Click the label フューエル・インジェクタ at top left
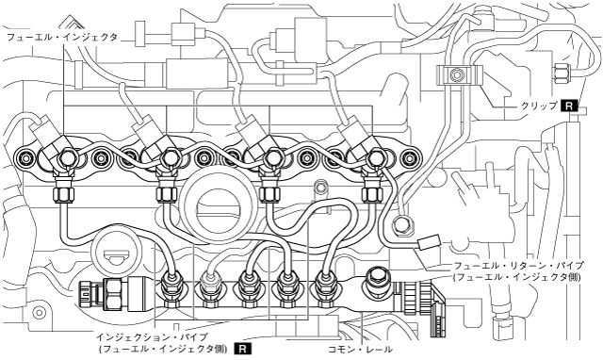pyautogui.click(x=62, y=38)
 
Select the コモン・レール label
pyautogui.click(x=360, y=350)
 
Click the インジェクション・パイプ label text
pyautogui.click(x=152, y=337)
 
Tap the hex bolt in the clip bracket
pyautogui.click(x=456, y=74)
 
